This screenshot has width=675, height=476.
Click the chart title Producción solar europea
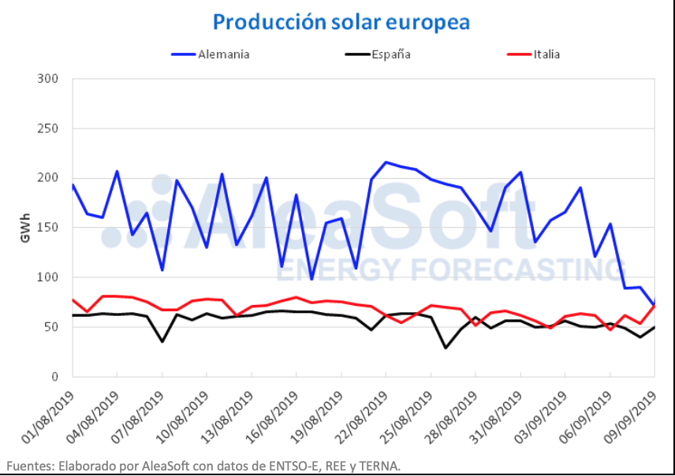click(x=341, y=21)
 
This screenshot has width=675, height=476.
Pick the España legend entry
click(x=386, y=54)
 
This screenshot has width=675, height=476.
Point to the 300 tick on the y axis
click(x=48, y=79)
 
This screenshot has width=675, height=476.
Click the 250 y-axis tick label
click(x=48, y=128)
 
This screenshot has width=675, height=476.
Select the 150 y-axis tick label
click(x=48, y=228)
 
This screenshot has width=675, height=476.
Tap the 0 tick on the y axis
click(x=54, y=377)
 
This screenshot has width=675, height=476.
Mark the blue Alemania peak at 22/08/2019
click(x=386, y=162)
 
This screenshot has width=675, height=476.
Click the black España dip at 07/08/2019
click(x=162, y=341)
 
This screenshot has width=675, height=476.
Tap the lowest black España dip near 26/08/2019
click(x=446, y=348)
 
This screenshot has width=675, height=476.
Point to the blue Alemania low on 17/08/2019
click(x=311, y=279)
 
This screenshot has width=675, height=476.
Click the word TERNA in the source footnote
click(x=382, y=466)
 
